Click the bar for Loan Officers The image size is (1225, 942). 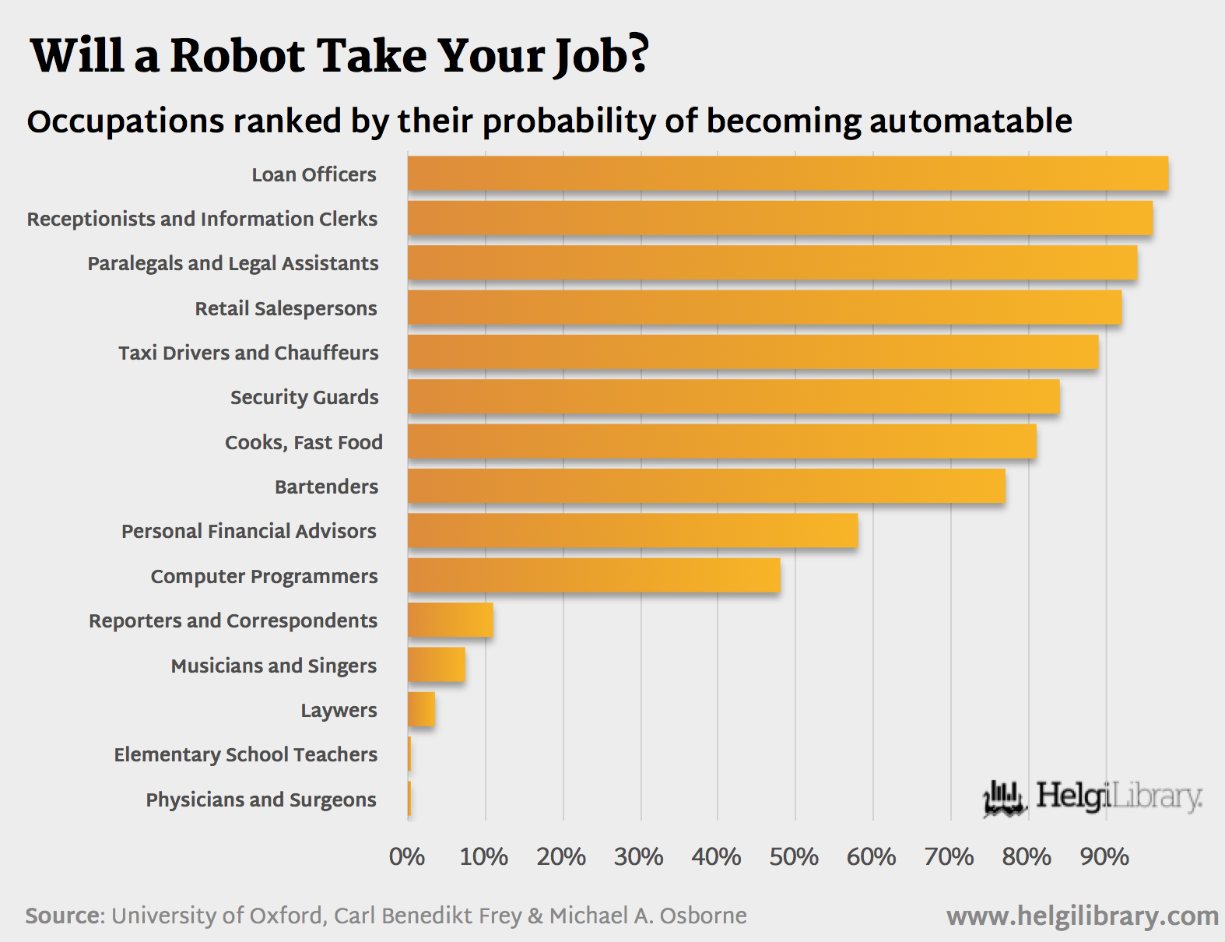point(788,174)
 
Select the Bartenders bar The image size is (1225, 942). point(706,487)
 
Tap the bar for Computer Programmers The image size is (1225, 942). point(594,576)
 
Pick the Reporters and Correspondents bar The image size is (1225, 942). point(450,620)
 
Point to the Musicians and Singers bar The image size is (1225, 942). point(437,666)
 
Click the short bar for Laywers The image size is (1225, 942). point(421,710)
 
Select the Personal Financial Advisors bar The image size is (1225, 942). point(633,531)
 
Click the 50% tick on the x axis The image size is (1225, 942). point(794,857)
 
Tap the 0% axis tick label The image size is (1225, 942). point(407,857)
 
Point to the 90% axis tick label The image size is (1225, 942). point(1104,857)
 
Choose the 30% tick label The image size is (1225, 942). point(639,857)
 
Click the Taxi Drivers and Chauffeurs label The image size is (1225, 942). point(248,353)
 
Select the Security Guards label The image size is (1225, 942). point(304,397)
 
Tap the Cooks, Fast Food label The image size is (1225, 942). point(304,442)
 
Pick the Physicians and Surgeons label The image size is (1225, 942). point(261,800)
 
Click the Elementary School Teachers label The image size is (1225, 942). point(245,754)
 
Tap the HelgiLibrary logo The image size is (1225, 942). point(1093,798)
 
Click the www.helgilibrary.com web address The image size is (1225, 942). point(1083,916)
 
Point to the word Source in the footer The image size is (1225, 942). point(65,916)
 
